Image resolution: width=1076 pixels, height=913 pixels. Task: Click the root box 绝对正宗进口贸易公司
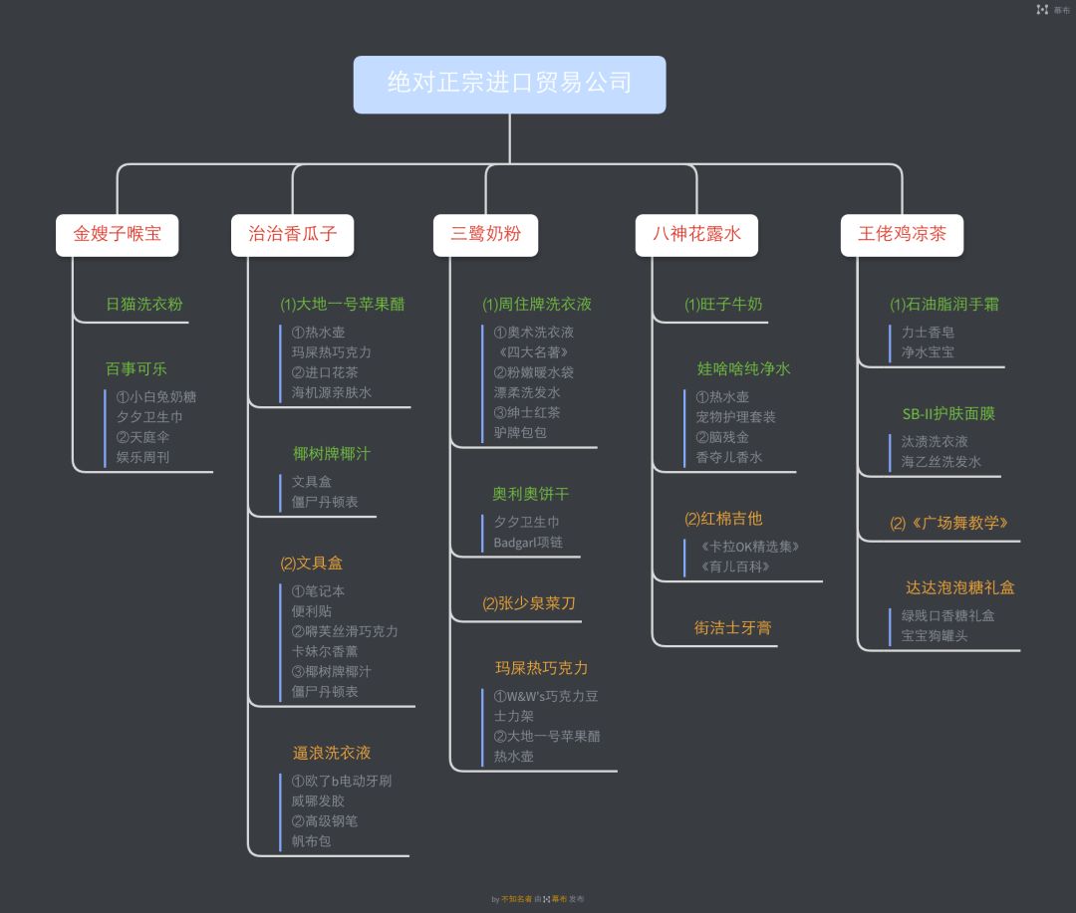tap(509, 84)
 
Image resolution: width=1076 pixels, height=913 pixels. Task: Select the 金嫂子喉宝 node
tap(117, 235)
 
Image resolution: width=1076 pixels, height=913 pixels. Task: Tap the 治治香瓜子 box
tap(292, 235)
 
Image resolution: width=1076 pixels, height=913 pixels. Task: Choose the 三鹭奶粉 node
tap(485, 235)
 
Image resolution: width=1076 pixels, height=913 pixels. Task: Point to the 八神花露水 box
tap(696, 235)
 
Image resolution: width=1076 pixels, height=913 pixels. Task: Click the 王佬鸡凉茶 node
tap(902, 235)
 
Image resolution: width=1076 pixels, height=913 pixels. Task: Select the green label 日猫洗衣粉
tap(144, 305)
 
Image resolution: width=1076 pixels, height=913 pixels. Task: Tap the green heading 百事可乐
tap(136, 369)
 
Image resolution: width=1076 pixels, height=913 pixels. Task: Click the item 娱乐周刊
tap(142, 458)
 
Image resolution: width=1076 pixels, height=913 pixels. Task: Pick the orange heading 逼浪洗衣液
tap(332, 753)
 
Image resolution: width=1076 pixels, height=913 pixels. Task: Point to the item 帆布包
tap(311, 841)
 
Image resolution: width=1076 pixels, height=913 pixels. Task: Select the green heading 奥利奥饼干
tap(531, 494)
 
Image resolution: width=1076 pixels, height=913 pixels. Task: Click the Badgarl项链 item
tap(528, 543)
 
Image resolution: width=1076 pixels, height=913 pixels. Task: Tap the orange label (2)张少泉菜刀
tap(529, 603)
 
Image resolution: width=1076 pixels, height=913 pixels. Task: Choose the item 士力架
tap(514, 716)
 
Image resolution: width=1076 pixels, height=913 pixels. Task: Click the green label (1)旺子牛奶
tap(723, 305)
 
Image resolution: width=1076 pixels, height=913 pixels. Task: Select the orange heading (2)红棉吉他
tap(723, 519)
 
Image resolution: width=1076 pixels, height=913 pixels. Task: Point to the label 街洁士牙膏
tap(733, 628)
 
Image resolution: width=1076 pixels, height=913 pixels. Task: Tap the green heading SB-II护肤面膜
tap(948, 414)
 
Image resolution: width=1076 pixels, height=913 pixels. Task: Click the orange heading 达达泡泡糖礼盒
tap(960, 588)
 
